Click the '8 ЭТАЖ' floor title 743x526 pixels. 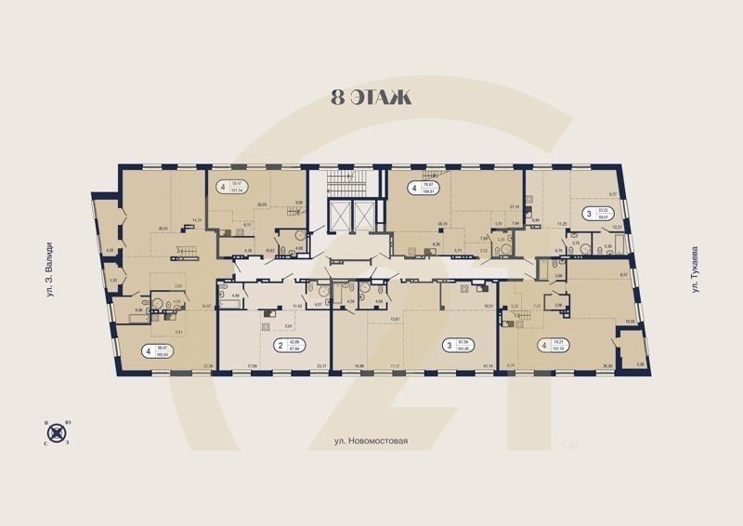371,97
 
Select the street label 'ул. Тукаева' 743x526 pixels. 694,272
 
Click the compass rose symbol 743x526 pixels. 58,432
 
